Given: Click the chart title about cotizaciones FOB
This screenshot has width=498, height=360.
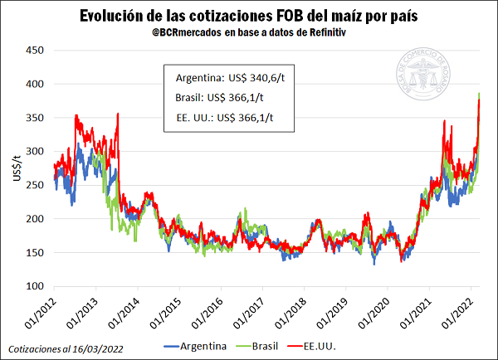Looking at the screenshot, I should point(248,17).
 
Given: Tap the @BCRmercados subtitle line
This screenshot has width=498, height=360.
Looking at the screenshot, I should point(247,33).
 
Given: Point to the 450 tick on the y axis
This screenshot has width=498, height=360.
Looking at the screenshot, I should point(34,50).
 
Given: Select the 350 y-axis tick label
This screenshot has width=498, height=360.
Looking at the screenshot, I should point(34,118).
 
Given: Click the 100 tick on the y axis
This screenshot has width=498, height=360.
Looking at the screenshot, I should point(34,286).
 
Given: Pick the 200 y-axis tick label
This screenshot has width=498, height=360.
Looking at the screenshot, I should point(34,219).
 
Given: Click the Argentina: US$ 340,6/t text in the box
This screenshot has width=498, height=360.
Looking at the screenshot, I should point(223,78).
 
